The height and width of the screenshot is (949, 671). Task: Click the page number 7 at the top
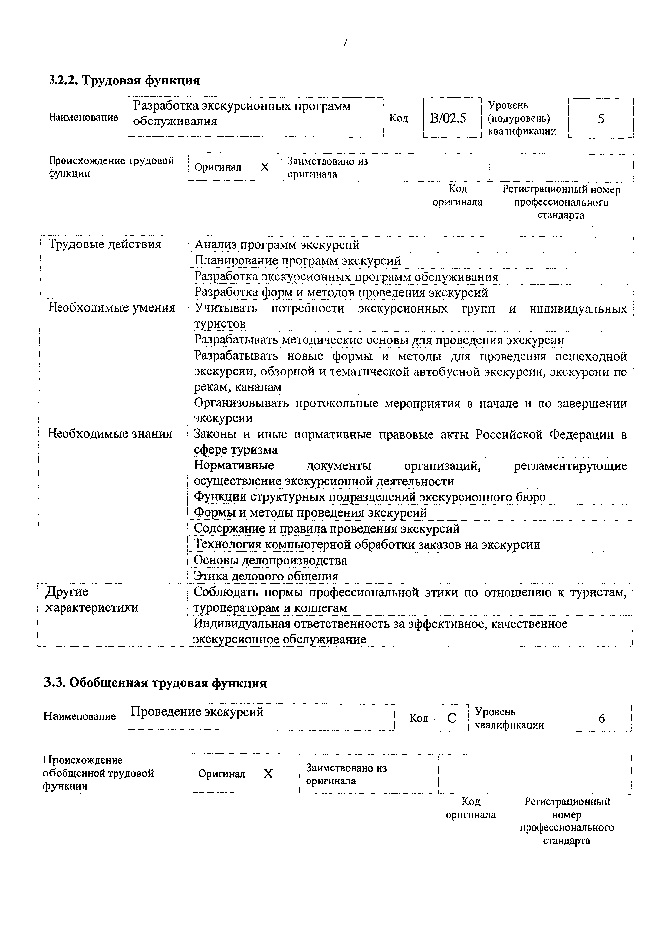point(345,42)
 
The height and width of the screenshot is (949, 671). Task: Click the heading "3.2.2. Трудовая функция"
point(124,80)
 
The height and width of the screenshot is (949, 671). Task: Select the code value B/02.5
point(448,119)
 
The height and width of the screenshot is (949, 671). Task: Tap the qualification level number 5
point(601,119)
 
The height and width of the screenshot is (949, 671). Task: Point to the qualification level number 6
point(601,718)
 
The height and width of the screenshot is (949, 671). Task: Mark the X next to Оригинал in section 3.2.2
point(265,167)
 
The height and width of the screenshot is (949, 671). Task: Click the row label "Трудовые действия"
point(105,244)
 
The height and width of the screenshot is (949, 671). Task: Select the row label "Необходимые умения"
point(112,308)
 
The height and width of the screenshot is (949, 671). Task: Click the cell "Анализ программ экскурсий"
point(277,245)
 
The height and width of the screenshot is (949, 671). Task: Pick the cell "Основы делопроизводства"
point(270,560)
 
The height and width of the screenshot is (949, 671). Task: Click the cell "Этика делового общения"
point(266,576)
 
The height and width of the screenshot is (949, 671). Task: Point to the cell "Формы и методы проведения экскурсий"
point(310,513)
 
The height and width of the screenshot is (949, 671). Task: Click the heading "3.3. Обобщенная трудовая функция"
point(155,683)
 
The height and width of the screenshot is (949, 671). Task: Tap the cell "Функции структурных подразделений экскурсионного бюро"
point(370,497)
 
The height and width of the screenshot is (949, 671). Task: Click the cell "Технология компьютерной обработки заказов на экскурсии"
point(367,545)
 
